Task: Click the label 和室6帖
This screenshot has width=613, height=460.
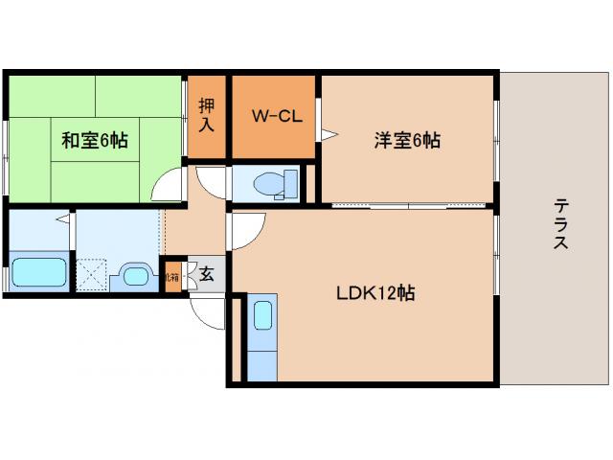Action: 95,141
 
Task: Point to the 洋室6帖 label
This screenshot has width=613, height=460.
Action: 407,141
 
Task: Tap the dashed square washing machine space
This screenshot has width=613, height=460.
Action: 92,275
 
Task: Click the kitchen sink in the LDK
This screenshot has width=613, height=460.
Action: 261,315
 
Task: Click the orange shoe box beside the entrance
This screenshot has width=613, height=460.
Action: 172,276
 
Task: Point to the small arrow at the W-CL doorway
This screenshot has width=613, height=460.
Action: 327,134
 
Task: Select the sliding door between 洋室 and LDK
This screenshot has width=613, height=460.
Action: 409,206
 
